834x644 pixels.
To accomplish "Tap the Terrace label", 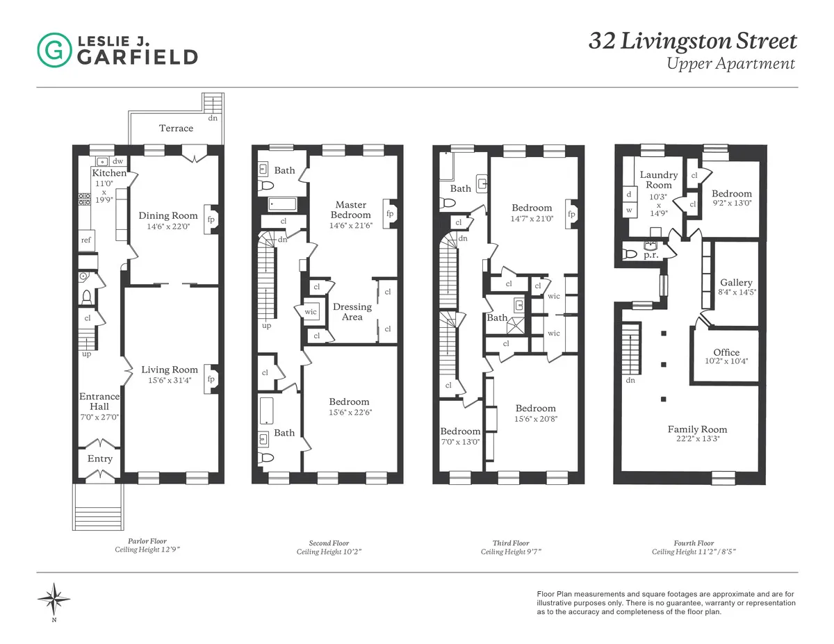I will [x=176, y=128].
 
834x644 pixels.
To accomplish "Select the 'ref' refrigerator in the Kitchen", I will [x=86, y=240].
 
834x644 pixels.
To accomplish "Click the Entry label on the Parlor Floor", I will [x=100, y=459].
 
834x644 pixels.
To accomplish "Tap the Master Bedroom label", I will [x=351, y=210].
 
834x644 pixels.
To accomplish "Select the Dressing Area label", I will [x=352, y=312].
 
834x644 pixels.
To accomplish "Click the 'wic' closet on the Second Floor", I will [x=310, y=312].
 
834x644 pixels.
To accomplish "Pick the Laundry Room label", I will [x=658, y=180].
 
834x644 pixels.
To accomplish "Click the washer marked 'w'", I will [x=630, y=209].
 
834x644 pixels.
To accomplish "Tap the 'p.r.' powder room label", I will [x=651, y=256].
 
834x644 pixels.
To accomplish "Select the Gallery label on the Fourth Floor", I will [x=736, y=283].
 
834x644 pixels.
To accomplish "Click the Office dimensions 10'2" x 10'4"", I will [x=726, y=362].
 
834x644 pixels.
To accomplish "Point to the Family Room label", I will [x=698, y=429].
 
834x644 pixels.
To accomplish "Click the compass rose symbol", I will [x=54, y=597].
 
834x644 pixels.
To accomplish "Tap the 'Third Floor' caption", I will [x=511, y=543].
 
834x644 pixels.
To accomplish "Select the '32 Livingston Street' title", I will [x=693, y=41].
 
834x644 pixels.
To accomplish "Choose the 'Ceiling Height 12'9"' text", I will [x=151, y=550].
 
